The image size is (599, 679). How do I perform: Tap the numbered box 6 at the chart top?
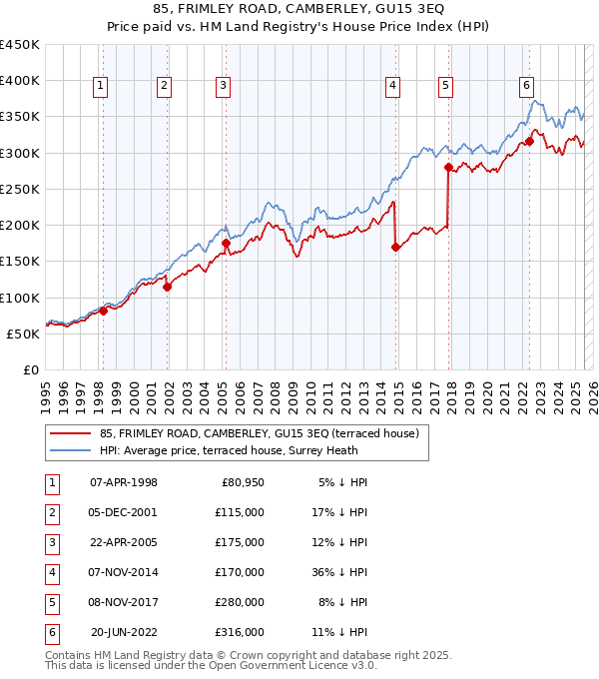coord(526,86)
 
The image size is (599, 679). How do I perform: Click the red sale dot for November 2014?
coord(395,247)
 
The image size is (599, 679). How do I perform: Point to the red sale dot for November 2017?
coord(448,167)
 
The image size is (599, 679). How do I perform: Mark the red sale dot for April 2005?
coord(226,243)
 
